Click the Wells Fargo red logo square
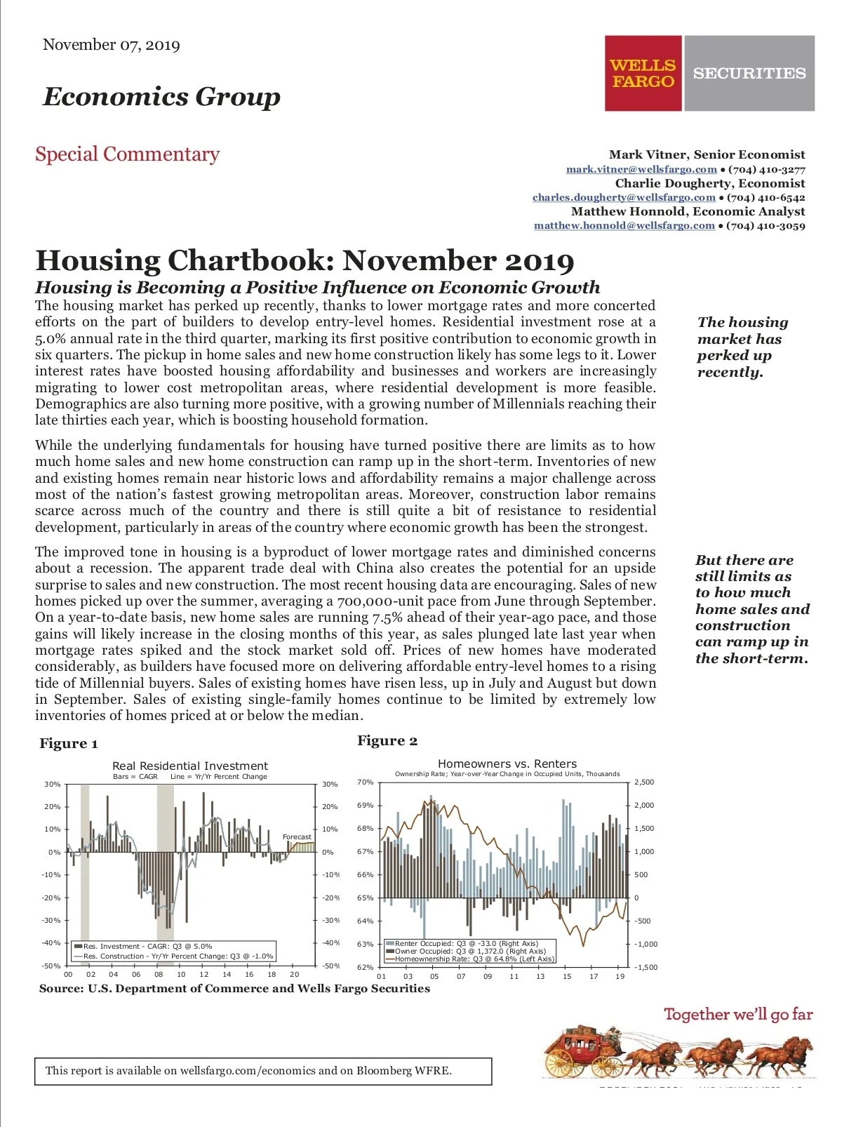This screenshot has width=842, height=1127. click(643, 73)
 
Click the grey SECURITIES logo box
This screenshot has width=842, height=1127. click(749, 73)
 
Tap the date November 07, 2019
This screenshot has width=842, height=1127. click(111, 45)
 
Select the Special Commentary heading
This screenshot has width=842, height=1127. click(127, 154)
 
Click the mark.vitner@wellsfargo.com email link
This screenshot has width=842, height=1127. click(641, 169)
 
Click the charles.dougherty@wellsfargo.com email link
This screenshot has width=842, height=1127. click(624, 197)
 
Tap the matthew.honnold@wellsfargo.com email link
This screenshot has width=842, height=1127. click(624, 225)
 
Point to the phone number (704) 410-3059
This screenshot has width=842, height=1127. click(766, 225)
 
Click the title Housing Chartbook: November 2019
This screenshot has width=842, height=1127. click(305, 260)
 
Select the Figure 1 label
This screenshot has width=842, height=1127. click(69, 744)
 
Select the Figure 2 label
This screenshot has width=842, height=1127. click(387, 741)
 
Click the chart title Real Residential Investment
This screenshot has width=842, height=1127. click(190, 766)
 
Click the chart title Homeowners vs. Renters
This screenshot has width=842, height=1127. click(507, 763)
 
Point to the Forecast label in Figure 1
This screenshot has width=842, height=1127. click(297, 836)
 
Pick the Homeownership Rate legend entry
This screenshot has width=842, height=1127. click(474, 959)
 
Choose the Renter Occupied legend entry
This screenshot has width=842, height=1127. click(466, 943)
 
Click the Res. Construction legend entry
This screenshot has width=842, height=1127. click(178, 956)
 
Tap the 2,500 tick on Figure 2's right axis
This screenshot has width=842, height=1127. click(643, 782)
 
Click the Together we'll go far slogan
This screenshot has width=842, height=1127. click(738, 1014)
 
